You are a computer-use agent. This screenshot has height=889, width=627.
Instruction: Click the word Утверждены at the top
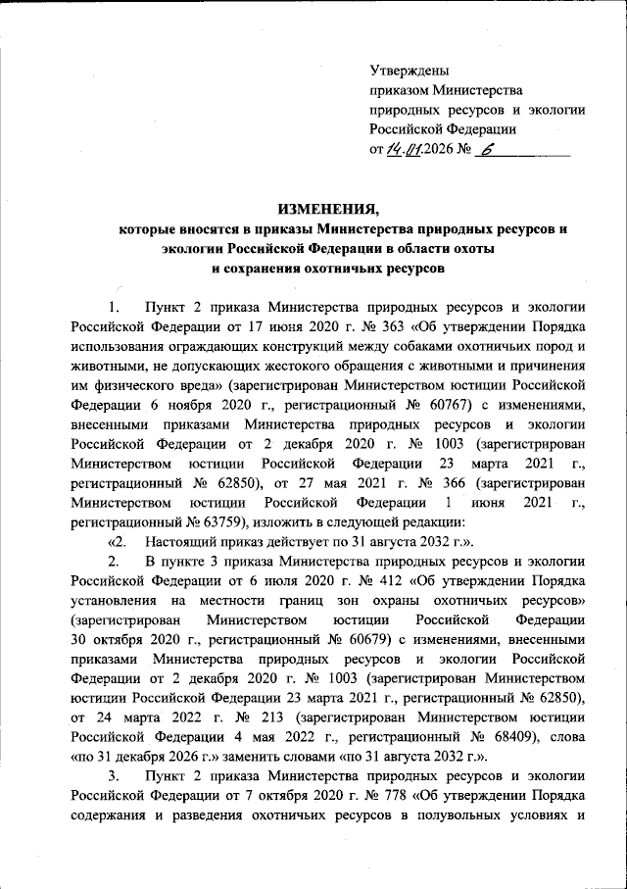pyautogui.click(x=410, y=70)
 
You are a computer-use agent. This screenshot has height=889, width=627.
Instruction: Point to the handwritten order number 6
pyautogui.click(x=489, y=150)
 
